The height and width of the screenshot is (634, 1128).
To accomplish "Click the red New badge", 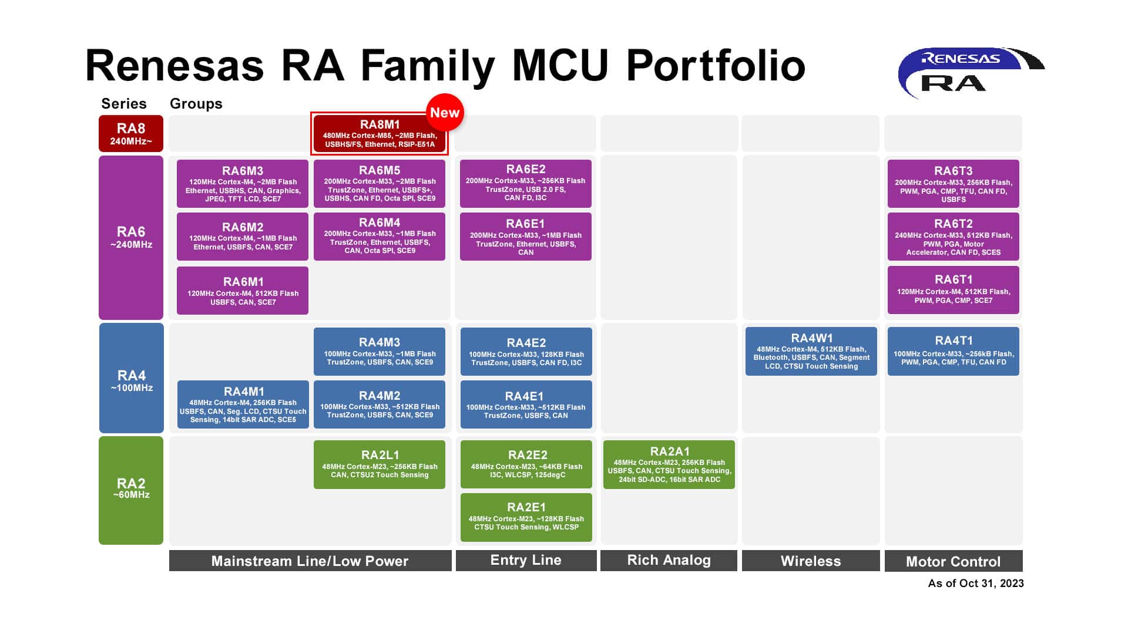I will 445,112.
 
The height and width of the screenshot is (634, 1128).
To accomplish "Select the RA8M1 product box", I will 379,134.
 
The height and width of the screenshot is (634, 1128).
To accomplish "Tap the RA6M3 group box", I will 243,184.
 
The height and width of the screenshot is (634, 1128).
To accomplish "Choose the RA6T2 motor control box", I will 953,237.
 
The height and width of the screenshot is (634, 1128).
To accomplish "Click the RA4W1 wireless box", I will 811,351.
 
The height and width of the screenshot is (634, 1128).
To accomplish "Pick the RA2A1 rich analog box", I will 669,464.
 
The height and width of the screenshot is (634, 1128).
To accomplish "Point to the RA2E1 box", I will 526,517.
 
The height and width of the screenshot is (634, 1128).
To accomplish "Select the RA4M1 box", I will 243,404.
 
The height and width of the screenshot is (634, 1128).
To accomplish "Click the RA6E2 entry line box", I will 525,183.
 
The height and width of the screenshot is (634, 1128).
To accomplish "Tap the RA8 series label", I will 131,133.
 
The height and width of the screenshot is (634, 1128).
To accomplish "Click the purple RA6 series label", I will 131,237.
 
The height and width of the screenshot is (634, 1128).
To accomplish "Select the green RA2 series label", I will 131,490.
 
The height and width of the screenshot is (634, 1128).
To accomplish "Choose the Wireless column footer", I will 810,561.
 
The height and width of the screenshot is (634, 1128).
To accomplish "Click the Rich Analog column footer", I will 669,560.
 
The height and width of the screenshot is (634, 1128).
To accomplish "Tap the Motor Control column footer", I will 953,561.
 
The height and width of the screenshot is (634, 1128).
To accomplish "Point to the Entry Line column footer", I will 526,560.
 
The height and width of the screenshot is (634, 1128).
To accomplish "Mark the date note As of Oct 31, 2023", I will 975,583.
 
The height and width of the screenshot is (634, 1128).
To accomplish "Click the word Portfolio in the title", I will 716,65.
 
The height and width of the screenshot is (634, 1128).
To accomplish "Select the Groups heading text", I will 196,104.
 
